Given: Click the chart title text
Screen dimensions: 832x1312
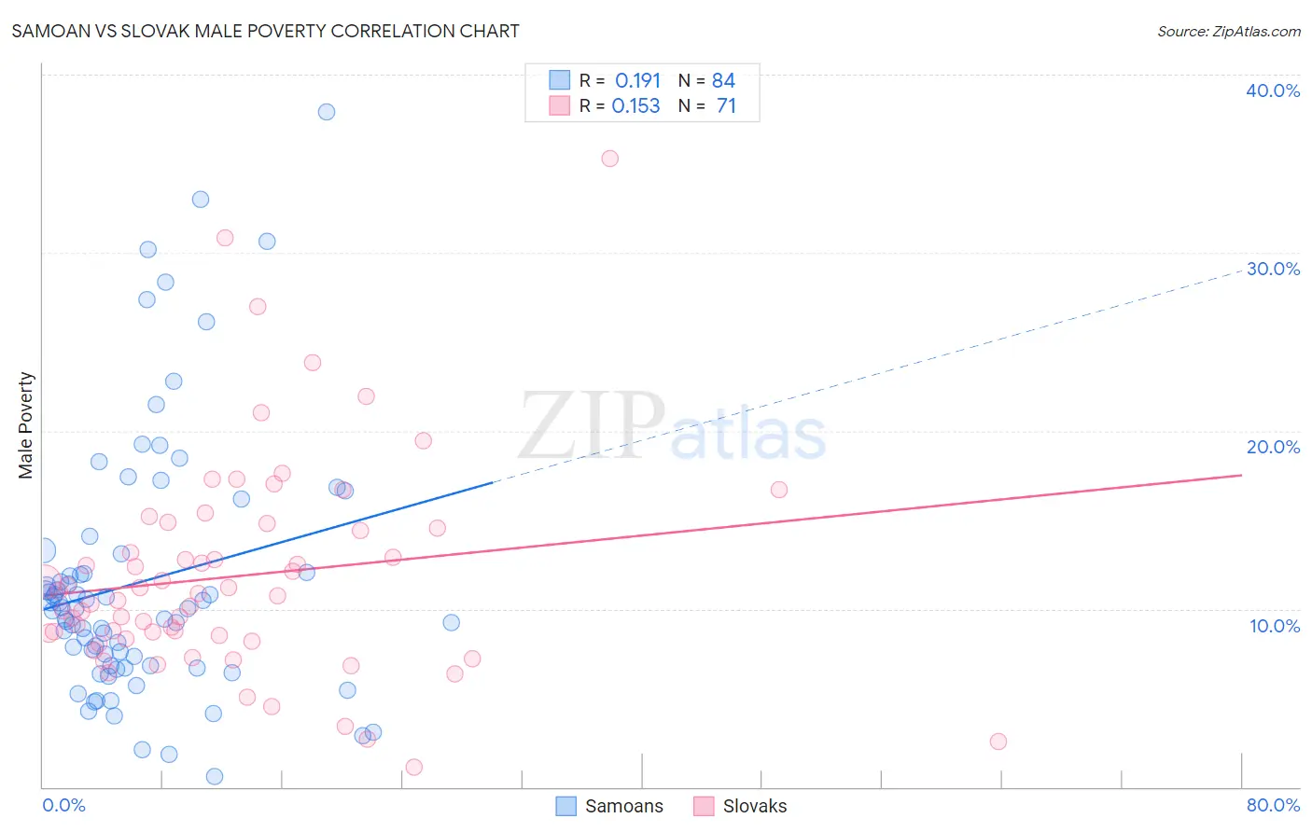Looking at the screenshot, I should point(265,31).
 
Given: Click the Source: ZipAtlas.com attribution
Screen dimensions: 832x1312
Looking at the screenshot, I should point(1228,31).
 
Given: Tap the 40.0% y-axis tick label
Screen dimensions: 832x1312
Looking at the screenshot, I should point(1272,90).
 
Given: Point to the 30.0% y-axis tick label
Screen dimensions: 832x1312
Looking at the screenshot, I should point(1272,269).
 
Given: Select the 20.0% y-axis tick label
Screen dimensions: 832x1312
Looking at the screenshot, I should point(1272,447).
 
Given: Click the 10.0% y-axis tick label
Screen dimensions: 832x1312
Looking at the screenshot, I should point(1274,626).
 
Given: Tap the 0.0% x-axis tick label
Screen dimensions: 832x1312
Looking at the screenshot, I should point(63,805).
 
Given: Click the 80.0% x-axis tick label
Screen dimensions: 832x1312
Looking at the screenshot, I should point(1273,805).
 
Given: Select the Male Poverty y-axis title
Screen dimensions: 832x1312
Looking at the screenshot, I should point(25,425).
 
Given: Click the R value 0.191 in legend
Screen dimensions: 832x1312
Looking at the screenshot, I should point(637,81).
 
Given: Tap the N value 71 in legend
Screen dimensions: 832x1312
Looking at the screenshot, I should point(726,106).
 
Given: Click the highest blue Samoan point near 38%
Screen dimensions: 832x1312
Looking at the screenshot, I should point(327,112).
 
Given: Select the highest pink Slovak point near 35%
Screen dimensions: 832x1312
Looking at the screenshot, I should point(609,159).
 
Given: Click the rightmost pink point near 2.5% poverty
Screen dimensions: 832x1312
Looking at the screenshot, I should point(998,742).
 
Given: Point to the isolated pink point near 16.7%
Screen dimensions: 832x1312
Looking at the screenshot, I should point(779,490).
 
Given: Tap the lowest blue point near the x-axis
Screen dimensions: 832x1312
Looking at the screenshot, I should point(215,777).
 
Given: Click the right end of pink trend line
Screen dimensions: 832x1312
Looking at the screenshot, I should point(1241,475).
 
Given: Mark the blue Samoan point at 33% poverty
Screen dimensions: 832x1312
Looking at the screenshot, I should point(201,200).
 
